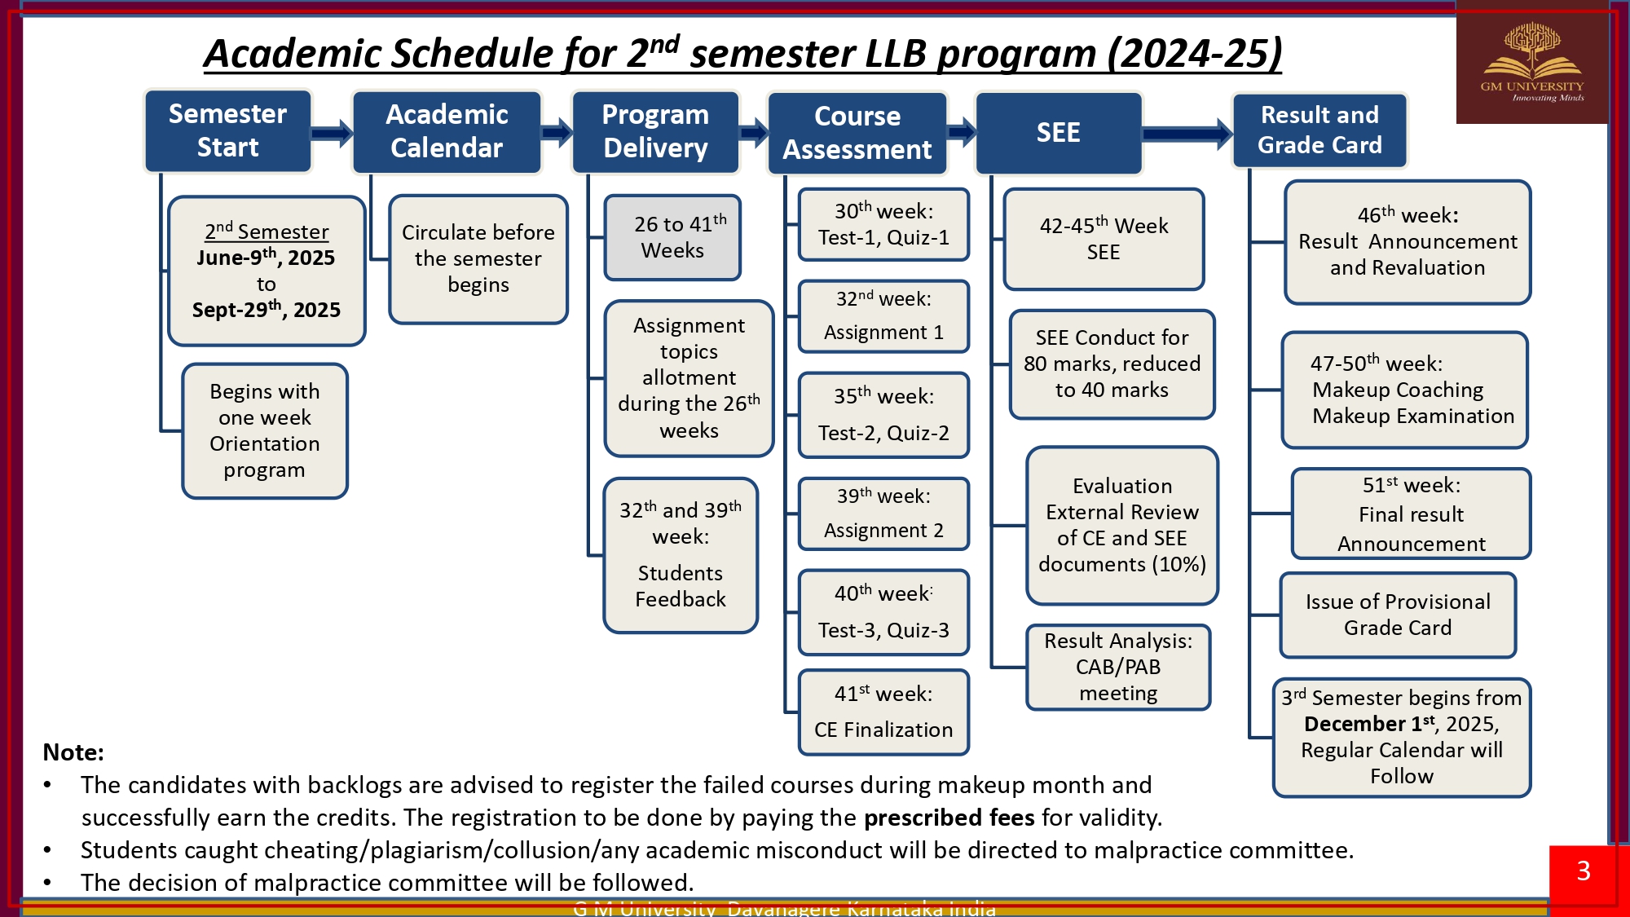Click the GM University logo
[1531, 63]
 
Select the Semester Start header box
[227, 130]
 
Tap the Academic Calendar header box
[447, 131]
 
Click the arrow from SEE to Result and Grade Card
[1187, 134]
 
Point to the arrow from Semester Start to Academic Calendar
[332, 132]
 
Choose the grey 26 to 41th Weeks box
[672, 237]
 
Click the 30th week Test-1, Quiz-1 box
[883, 224]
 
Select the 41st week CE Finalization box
[883, 712]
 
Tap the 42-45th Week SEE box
[1104, 239]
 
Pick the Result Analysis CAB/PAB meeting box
[1118, 667]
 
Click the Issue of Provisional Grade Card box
[1398, 615]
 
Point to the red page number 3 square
[1584, 871]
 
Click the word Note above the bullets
[73, 752]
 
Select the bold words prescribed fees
[949, 817]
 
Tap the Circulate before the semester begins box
[478, 258]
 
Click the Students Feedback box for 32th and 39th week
[681, 554]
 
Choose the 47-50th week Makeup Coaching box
[1404, 390]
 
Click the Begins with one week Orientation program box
[265, 430]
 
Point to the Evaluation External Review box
[1122, 525]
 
